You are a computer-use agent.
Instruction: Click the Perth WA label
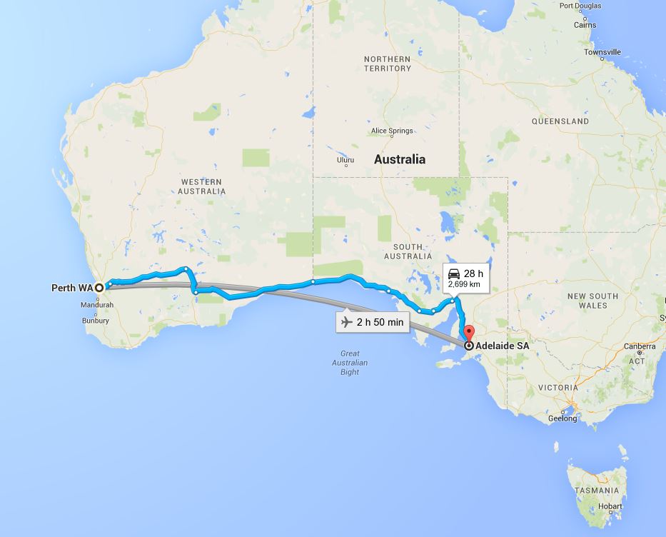[72, 288]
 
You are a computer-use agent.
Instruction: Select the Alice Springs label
[392, 131]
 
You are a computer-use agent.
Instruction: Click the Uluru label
[345, 160]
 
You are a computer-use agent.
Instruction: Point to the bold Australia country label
[400, 159]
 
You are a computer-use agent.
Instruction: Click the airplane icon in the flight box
[347, 322]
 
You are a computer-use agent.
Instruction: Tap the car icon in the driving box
[453, 273]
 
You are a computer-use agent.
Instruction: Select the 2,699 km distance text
[464, 284]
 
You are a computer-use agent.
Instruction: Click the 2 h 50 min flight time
[380, 322]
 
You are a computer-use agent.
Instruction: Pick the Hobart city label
[610, 506]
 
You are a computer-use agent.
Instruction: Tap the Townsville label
[602, 52]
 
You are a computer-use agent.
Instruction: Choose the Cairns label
[585, 25]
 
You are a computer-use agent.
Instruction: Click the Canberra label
[639, 346]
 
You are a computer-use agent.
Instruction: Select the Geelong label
[562, 418]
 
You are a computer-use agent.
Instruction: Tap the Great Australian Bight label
[350, 363]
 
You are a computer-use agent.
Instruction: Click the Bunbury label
[96, 321]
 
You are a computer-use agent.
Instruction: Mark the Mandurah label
[98, 305]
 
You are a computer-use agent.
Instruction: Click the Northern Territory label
[388, 64]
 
